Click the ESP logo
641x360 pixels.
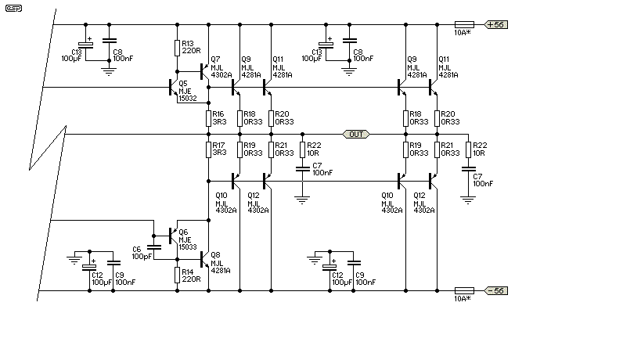pos(13,8)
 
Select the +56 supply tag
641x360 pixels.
pos(496,24)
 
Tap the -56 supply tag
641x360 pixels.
pos(496,291)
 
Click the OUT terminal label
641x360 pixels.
pos(356,134)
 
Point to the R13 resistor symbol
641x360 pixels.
pos(177,48)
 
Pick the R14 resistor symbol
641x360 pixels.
pos(177,275)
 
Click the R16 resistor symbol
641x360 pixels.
pos(208,118)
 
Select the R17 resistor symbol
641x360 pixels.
pos(208,149)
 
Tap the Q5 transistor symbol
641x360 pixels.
pos(173,87)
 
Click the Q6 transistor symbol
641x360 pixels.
pos(173,236)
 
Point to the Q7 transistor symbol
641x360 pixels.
pos(204,71)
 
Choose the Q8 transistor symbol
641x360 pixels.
pos(204,259)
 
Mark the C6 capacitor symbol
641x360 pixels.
pos(153,247)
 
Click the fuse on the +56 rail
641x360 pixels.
pos(464,24)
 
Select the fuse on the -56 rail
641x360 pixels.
pos(464,291)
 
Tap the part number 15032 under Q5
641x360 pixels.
pos(188,99)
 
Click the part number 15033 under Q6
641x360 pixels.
pos(188,247)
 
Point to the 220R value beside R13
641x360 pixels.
pos(191,51)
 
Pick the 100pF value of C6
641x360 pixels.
pos(142,257)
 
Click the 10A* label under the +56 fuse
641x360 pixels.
pos(463,33)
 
